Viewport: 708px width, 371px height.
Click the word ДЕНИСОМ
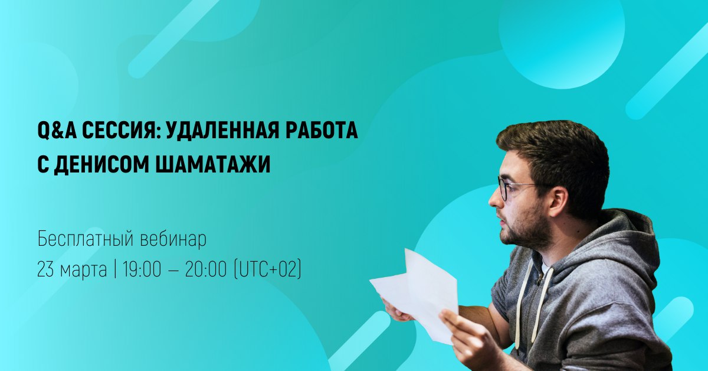101,165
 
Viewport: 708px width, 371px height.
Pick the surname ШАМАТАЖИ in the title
213,165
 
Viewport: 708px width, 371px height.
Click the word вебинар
173,239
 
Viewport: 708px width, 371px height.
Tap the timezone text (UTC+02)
267,270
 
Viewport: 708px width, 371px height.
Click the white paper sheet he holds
415,294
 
